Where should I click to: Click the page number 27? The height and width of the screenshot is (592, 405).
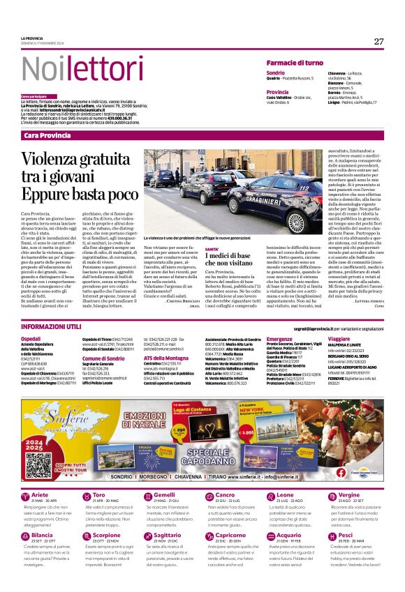[x=378, y=41]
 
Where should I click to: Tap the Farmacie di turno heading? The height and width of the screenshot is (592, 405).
[x=295, y=63]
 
